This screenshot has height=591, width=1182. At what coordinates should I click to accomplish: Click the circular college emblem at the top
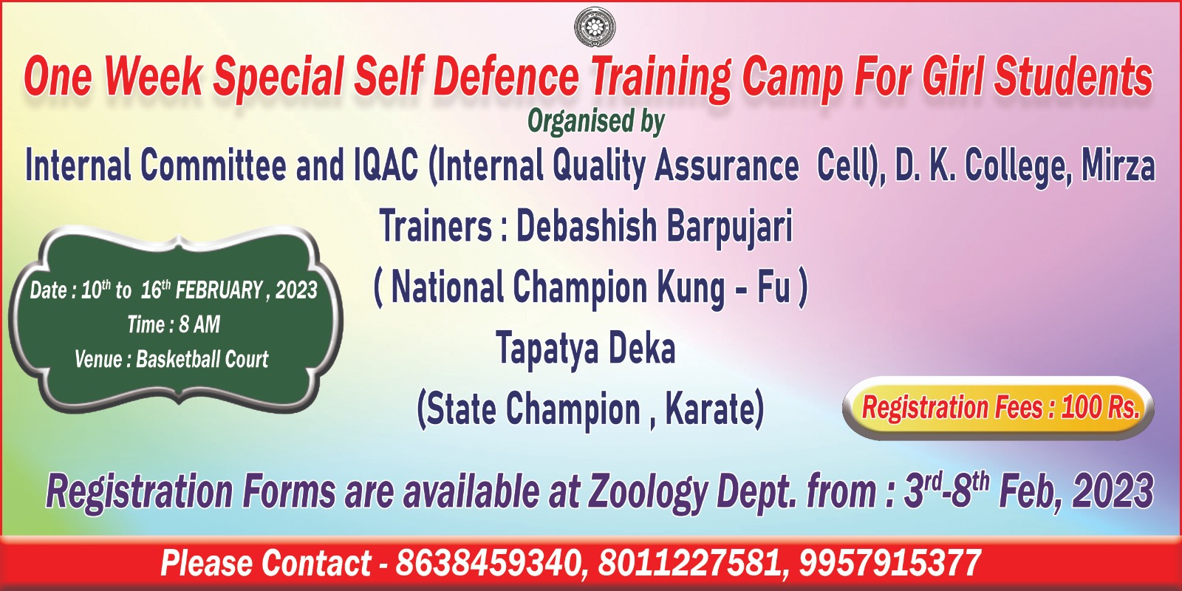(x=595, y=27)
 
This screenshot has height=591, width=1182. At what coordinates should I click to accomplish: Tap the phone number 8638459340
(x=488, y=563)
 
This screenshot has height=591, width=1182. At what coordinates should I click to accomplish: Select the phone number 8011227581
(x=689, y=563)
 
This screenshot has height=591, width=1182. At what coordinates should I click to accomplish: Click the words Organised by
(x=595, y=122)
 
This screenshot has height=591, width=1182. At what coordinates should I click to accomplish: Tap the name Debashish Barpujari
(x=654, y=228)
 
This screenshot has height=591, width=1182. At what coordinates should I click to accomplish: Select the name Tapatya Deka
(x=586, y=348)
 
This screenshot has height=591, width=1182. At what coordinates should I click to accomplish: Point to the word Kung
(x=691, y=289)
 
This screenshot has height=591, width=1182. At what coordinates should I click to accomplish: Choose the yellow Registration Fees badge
(x=998, y=408)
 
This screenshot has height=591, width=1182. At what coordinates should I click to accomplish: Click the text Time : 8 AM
(x=174, y=324)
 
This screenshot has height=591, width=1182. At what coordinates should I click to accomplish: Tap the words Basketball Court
(x=202, y=359)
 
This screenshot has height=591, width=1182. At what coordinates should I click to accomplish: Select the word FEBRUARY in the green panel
(x=219, y=290)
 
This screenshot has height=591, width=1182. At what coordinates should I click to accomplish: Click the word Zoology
(x=648, y=493)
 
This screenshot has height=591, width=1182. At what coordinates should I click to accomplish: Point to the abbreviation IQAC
(x=385, y=165)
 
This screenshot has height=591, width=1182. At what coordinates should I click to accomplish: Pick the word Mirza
(x=1118, y=165)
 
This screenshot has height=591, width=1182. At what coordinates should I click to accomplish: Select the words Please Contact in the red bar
(x=266, y=563)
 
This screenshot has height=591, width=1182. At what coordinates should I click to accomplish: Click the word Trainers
(x=436, y=226)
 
